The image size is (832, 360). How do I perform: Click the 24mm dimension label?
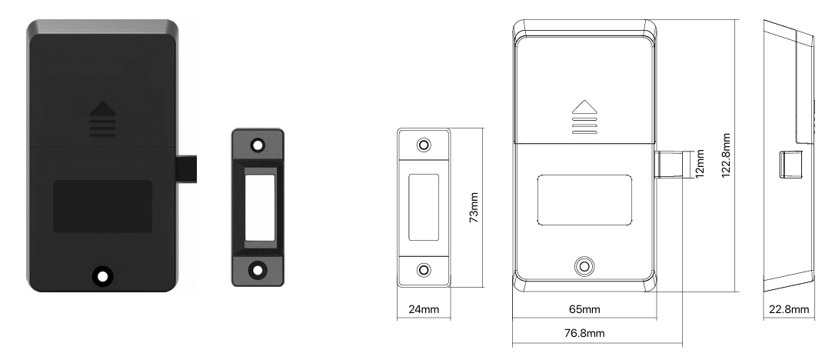tap(424, 309)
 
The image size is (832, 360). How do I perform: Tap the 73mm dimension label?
tap(474, 208)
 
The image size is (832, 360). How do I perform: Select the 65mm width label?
tap(584, 309)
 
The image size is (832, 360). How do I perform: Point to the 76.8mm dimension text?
tap(584, 333)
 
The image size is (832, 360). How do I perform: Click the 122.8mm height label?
tap(727, 155)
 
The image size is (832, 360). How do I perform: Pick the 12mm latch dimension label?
tap(700, 164)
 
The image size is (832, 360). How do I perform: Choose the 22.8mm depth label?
tap(789, 309)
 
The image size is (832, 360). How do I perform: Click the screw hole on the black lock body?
tap(102, 276)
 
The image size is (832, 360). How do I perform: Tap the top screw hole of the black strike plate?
tap(258, 145)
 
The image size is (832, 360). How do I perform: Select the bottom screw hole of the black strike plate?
tap(258, 270)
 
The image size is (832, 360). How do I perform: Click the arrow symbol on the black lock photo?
tap(102, 119)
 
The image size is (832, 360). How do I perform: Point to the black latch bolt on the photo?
tap(186, 169)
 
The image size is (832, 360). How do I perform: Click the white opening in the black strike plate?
tap(259, 208)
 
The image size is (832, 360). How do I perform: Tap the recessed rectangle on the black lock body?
tap(102, 206)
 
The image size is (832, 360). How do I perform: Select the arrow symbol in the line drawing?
tap(584, 117)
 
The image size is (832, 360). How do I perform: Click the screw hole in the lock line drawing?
tap(584, 266)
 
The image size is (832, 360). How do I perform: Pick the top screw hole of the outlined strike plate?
tap(424, 145)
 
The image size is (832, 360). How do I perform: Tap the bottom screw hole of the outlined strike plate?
tap(424, 270)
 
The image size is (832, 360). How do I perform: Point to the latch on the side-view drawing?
tap(790, 165)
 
